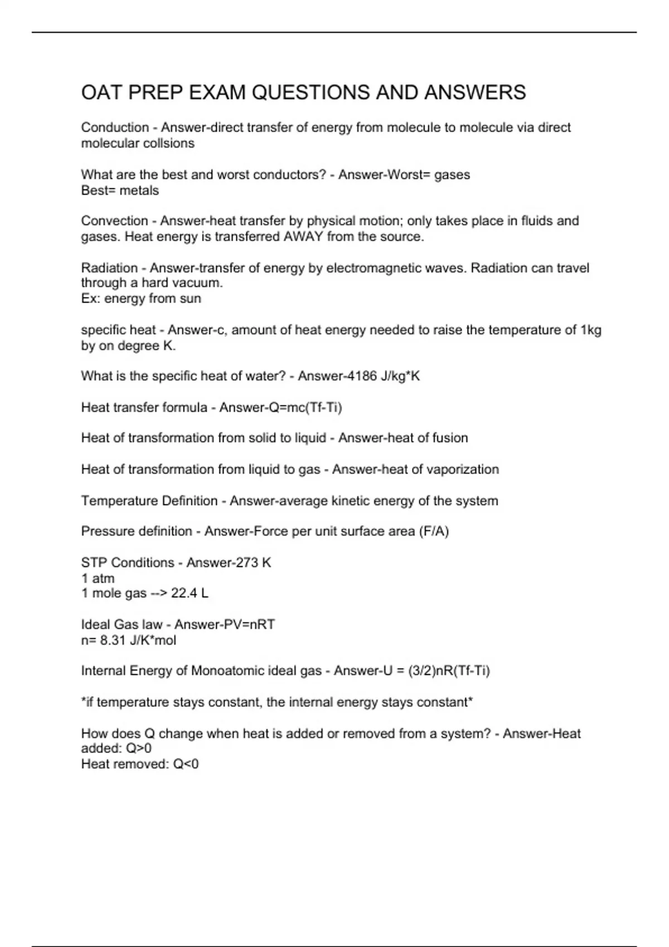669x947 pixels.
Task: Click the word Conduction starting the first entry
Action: click(x=115, y=128)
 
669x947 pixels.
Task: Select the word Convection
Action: click(x=114, y=221)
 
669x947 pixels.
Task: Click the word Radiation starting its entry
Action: click(x=109, y=268)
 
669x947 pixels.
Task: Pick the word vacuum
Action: click(x=198, y=283)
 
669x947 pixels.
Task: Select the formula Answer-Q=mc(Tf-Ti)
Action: click(x=280, y=407)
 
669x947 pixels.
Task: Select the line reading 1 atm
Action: click(x=98, y=578)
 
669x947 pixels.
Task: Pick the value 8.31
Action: click(x=113, y=640)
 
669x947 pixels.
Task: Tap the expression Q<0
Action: click(x=186, y=764)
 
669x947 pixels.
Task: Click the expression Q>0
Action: click(x=139, y=748)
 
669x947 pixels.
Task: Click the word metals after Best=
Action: click(x=139, y=191)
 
